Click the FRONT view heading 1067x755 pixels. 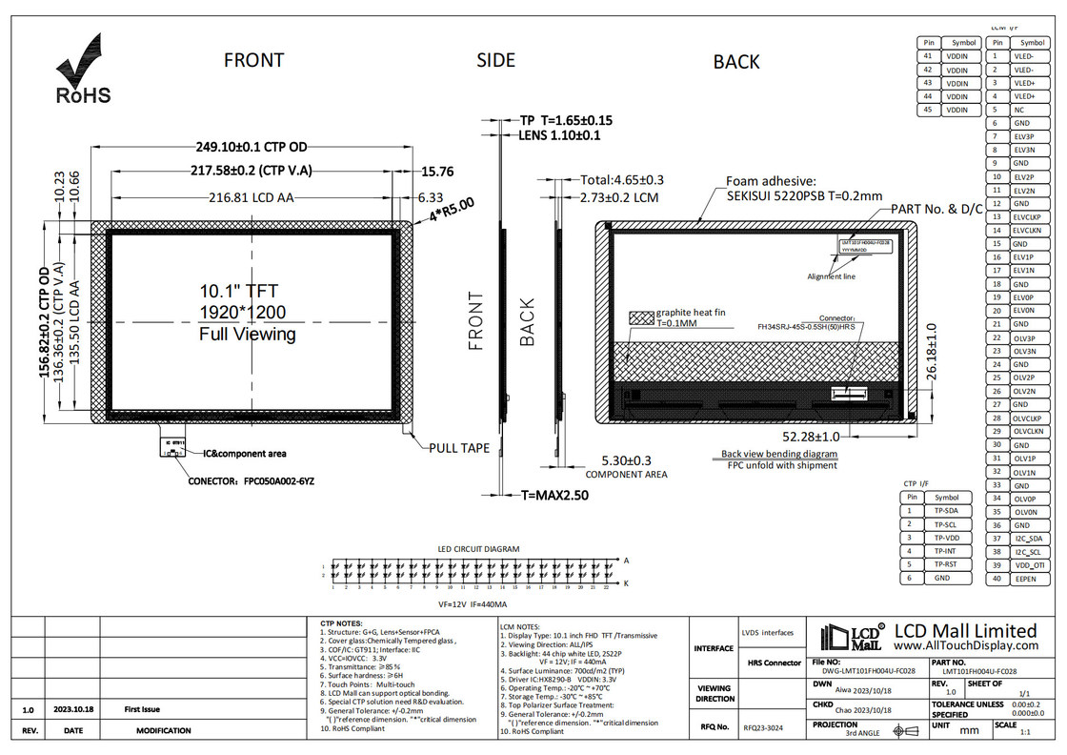click(253, 60)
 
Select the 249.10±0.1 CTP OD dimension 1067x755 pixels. click(252, 147)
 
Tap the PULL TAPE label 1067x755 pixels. click(460, 447)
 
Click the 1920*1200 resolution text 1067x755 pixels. click(242, 313)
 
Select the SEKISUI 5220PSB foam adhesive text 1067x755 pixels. click(792, 195)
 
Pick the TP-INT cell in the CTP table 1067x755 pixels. click(946, 551)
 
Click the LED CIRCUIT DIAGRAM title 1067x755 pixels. click(478, 549)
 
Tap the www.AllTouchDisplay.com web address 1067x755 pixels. click(968, 645)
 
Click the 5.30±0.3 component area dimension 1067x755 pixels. click(626, 460)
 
